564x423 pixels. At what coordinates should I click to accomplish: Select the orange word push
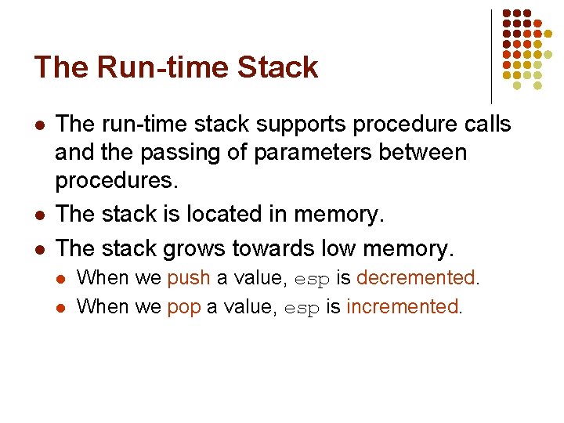click(189, 278)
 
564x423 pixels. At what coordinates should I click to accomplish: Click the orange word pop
click(184, 306)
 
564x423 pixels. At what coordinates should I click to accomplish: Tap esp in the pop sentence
click(302, 308)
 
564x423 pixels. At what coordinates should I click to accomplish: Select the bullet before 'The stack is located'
click(39, 215)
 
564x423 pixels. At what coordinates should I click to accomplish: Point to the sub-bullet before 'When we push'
click(62, 279)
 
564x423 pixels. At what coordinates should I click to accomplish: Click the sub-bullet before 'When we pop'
click(62, 307)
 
